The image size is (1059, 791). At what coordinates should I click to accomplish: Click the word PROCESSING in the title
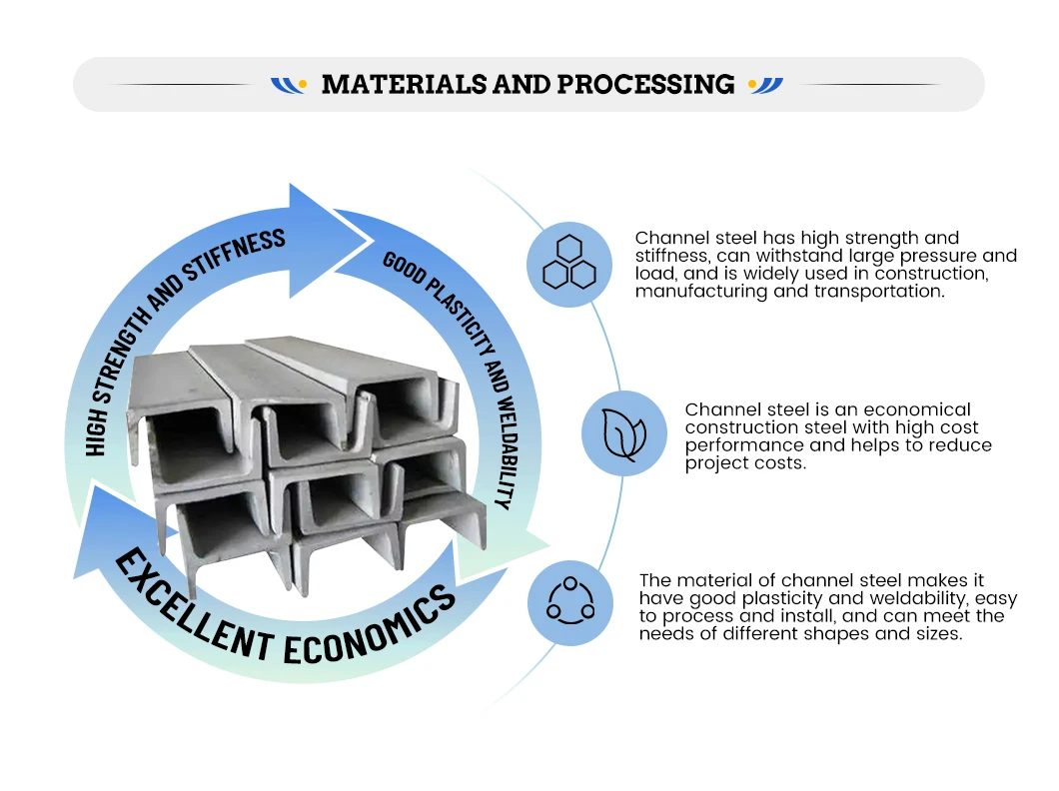pos(645,85)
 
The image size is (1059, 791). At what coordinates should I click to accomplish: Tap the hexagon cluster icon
pos(568,264)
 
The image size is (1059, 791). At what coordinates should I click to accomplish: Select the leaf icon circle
pos(623,432)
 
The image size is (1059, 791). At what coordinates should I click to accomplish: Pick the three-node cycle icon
pos(569,601)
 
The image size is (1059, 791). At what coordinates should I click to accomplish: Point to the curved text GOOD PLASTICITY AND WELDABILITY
pos(456,371)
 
